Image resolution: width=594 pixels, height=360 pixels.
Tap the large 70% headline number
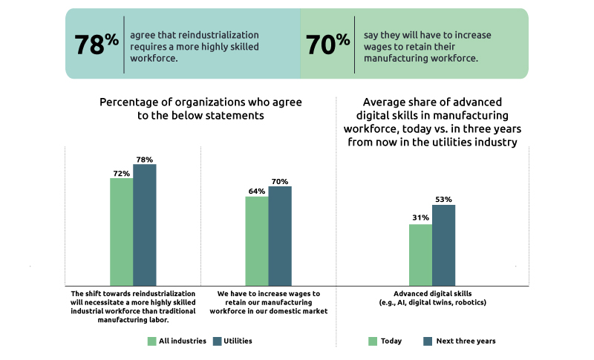coord(327,44)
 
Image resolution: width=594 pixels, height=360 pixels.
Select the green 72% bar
coord(121,232)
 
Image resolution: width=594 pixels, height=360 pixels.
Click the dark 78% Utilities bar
coord(145,225)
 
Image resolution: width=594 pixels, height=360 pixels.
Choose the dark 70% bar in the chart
coord(280,236)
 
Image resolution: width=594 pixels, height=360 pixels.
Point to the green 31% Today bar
coord(420,255)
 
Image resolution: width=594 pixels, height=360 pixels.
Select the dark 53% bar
coord(443,245)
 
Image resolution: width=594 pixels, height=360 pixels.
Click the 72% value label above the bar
coord(121,173)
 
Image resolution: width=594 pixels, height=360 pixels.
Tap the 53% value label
coord(443,199)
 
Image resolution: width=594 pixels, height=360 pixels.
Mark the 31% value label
coord(420,217)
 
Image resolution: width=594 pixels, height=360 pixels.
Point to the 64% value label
coord(257,191)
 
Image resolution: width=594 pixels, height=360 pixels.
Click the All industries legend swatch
coord(151,341)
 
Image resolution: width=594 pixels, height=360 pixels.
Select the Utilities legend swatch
coord(218,341)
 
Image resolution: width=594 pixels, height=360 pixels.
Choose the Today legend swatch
coord(373,341)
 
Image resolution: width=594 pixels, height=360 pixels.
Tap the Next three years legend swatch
coord(428,341)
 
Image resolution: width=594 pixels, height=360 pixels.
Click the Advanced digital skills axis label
coord(432,293)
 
